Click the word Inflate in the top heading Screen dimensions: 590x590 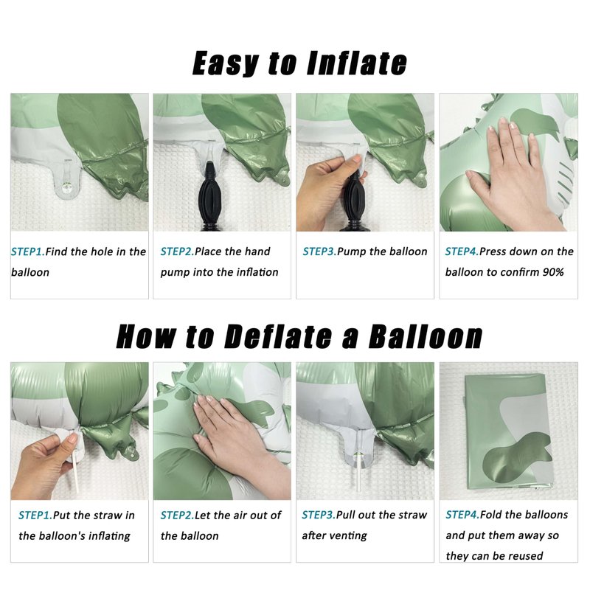pos(357,63)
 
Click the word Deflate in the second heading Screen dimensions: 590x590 pos(278,336)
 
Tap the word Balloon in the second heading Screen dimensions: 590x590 pos(426,336)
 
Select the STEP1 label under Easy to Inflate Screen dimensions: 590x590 pos(28,251)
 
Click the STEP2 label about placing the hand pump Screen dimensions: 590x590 pos(177,251)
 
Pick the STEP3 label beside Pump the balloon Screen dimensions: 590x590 pos(319,251)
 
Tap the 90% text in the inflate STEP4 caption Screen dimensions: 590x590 pos(553,272)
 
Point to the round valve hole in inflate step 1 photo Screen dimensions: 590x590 pos(67,187)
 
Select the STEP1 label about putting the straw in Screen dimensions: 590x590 pos(35,515)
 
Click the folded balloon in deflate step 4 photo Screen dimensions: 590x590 pos(509,432)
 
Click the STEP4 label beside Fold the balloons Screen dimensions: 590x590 pos(462,515)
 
